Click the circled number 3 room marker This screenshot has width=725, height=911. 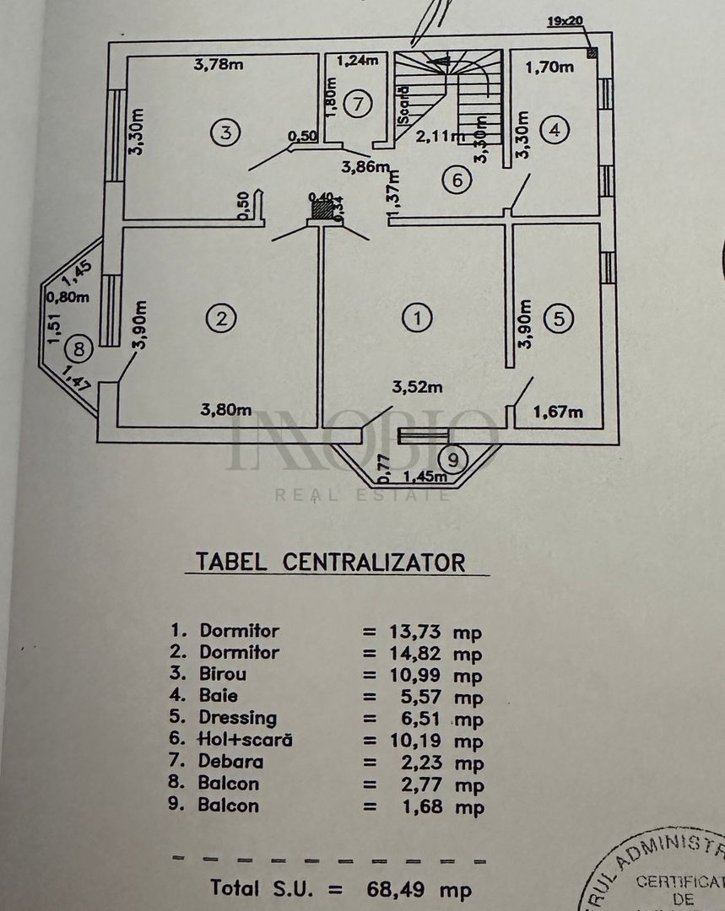(x=225, y=132)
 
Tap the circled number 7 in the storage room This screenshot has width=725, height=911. (x=359, y=105)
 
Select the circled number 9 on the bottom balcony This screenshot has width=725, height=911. (x=454, y=460)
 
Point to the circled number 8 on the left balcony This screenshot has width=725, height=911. (x=80, y=347)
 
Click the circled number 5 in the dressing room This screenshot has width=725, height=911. (x=560, y=319)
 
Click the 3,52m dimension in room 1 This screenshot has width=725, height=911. (x=417, y=387)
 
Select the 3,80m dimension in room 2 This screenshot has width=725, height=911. (x=226, y=410)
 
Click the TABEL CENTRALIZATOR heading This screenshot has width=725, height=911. (x=330, y=562)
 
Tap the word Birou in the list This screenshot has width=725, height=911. (x=224, y=674)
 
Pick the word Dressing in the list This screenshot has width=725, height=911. (x=238, y=718)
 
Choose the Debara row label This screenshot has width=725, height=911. (x=231, y=762)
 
